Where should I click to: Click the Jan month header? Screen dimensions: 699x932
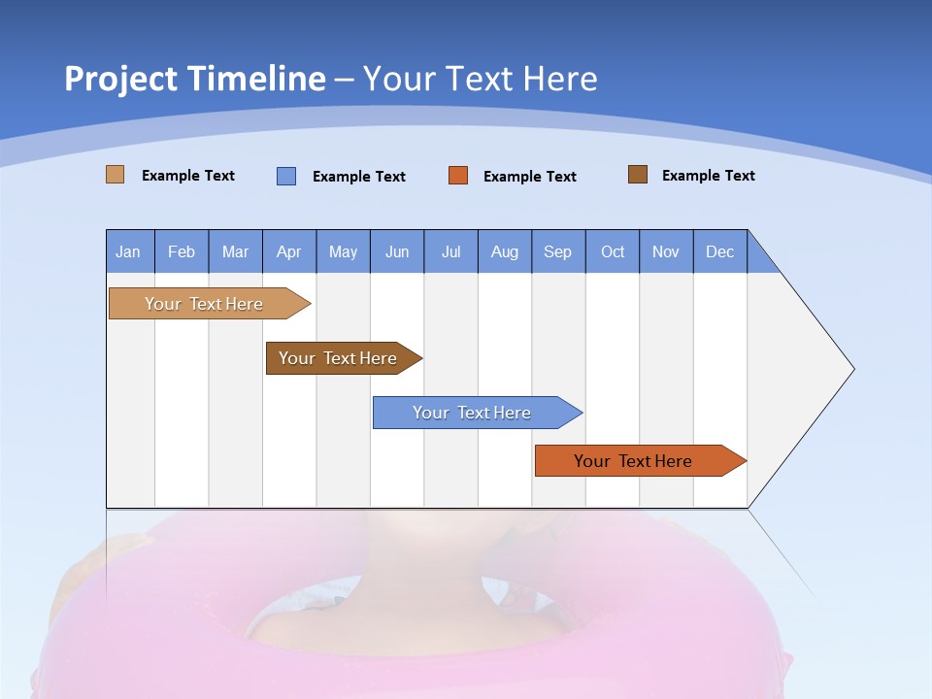[128, 251]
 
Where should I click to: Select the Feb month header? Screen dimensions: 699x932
[182, 251]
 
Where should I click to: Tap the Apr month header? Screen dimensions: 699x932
[288, 251]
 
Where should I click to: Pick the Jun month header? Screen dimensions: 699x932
[397, 251]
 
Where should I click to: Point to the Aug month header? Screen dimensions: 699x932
[504, 251]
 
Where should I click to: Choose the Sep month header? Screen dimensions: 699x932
[557, 251]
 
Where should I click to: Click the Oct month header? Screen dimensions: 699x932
[613, 251]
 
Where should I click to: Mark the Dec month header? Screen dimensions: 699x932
[719, 251]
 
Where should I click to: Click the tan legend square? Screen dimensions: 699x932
[115, 175]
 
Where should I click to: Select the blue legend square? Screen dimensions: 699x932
[286, 176]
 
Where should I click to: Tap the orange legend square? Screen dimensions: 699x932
[458, 175]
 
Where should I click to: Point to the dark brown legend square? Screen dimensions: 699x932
[638, 175]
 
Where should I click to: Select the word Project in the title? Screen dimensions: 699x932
[120, 79]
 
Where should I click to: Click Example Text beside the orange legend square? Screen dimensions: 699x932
[529, 177]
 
